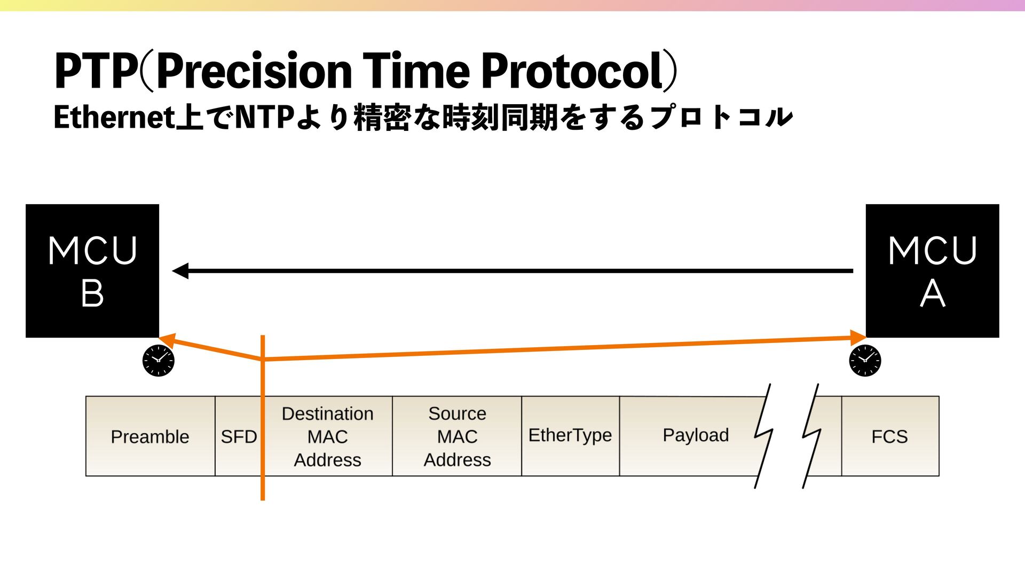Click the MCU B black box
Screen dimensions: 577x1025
(x=92, y=271)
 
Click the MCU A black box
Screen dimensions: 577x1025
(x=932, y=271)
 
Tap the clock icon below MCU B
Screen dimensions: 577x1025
(x=159, y=361)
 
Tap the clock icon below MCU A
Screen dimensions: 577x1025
(x=865, y=361)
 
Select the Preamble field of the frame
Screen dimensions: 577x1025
(x=150, y=436)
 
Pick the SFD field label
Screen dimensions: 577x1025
(x=238, y=437)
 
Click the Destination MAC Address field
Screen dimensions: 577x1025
(x=327, y=436)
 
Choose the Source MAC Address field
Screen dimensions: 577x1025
(x=457, y=436)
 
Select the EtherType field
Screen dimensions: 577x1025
(x=570, y=435)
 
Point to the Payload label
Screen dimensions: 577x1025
(x=696, y=435)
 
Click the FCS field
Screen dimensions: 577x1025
(x=889, y=436)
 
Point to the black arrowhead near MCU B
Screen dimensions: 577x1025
(x=180, y=271)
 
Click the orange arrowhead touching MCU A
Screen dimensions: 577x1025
(x=858, y=338)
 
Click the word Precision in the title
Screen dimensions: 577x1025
(x=254, y=71)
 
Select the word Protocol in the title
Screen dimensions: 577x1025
(x=573, y=71)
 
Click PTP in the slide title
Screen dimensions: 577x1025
(x=95, y=71)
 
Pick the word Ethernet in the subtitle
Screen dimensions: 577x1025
(x=114, y=118)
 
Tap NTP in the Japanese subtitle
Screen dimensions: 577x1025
(x=265, y=118)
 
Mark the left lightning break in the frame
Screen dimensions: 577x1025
(x=763, y=435)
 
